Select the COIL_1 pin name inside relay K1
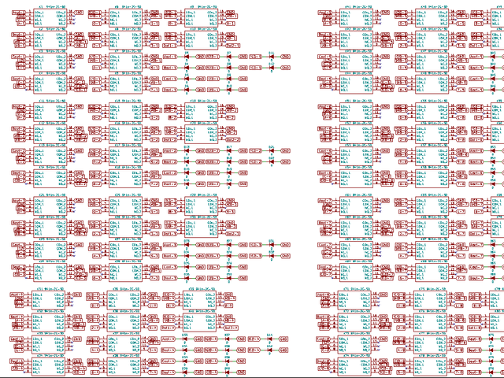coord(39,14)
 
